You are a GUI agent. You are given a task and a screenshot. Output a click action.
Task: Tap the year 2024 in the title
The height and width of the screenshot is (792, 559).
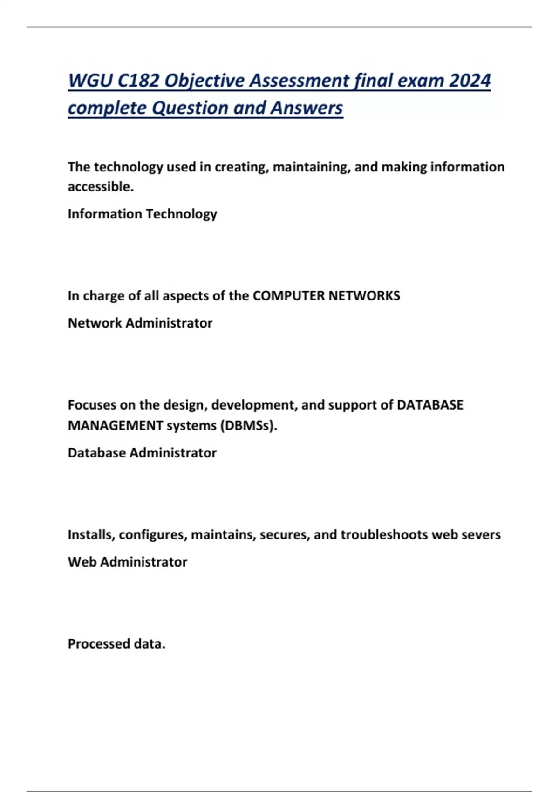470,81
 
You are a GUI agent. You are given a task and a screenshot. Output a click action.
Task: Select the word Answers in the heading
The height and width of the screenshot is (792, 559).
307,108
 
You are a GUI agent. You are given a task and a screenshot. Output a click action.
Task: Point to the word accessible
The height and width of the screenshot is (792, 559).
101,186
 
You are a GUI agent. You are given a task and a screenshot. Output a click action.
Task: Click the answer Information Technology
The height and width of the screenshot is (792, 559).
142,214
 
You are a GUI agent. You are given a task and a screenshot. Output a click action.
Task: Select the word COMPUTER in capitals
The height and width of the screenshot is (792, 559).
288,296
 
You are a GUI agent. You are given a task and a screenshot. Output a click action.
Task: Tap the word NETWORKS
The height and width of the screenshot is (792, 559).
364,296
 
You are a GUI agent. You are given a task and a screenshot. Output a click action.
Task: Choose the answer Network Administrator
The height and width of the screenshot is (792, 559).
140,323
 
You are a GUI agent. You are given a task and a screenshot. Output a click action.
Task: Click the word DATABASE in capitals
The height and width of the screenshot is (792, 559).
429,405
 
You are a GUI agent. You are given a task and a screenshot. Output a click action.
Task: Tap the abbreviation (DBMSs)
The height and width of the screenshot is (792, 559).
248,425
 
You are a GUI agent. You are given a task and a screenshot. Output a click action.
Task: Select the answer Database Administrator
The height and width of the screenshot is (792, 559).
142,453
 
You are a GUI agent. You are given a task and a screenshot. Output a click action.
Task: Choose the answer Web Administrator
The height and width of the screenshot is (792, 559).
127,562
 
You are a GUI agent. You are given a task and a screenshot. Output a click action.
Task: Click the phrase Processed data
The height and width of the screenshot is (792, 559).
116,644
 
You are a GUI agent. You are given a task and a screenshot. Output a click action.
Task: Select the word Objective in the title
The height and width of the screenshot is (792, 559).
205,81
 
